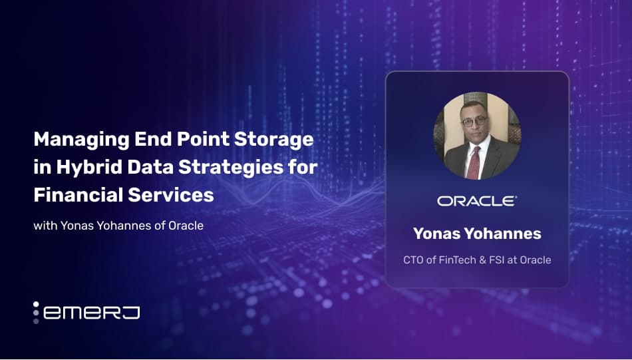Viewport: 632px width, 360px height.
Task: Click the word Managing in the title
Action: click(x=82, y=140)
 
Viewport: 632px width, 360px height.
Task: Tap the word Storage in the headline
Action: click(x=273, y=140)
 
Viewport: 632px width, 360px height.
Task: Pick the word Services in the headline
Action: click(x=171, y=195)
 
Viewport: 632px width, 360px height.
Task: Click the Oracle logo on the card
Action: click(x=477, y=201)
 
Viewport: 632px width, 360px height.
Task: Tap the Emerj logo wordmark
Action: click(x=92, y=313)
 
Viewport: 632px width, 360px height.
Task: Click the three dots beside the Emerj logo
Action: click(x=36, y=313)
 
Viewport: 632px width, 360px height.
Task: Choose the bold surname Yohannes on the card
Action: click(x=503, y=234)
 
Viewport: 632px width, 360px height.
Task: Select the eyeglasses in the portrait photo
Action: click(x=474, y=121)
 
